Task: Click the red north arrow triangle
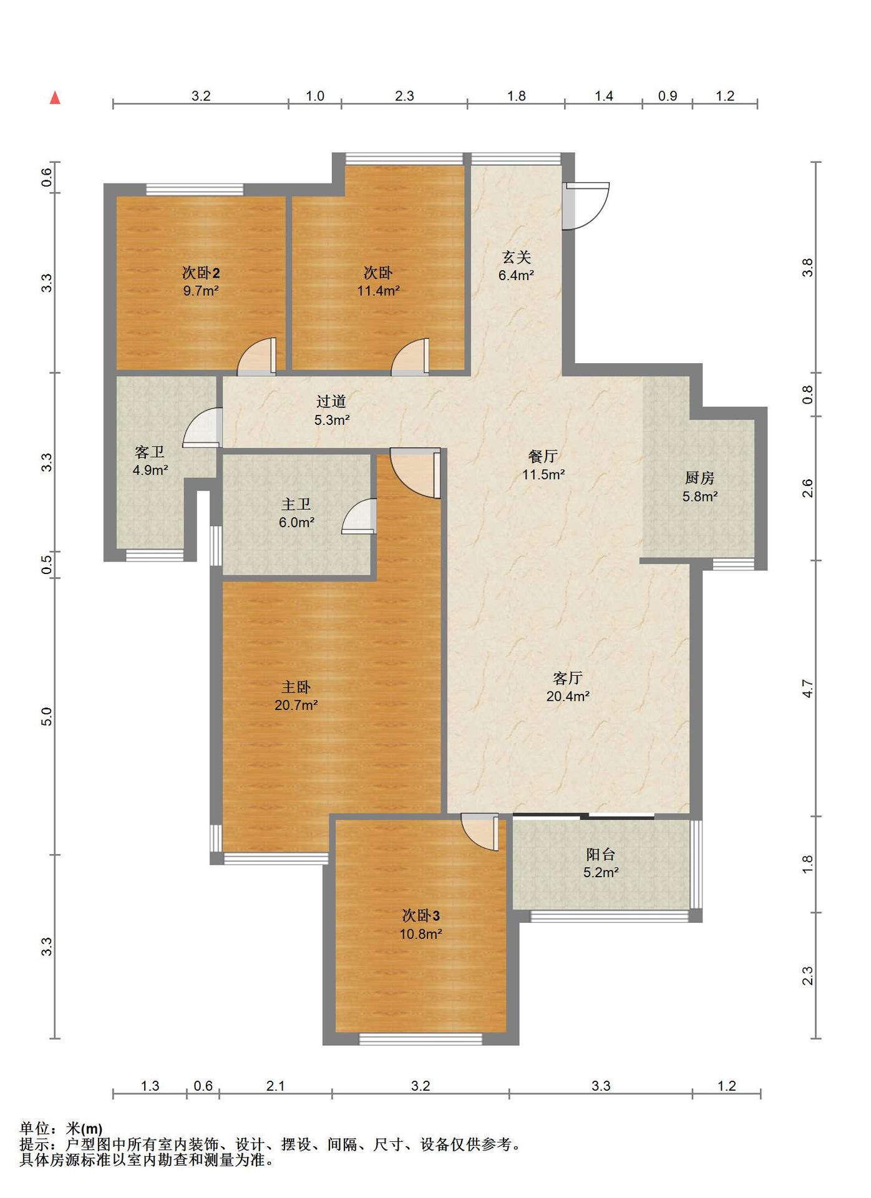55,98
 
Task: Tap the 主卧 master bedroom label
296,687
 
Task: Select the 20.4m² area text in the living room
568,696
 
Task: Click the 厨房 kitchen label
699,478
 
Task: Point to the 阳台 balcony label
601,854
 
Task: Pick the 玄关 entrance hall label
516,257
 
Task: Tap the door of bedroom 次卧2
256,357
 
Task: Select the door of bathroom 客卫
203,427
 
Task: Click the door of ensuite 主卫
359,517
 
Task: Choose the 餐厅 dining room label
543,456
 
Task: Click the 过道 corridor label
331,401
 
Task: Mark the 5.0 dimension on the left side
46,716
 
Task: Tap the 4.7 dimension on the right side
807,688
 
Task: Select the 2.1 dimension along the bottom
275,1086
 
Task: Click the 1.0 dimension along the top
315,96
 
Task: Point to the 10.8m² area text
421,934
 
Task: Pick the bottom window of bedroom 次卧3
421,1039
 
